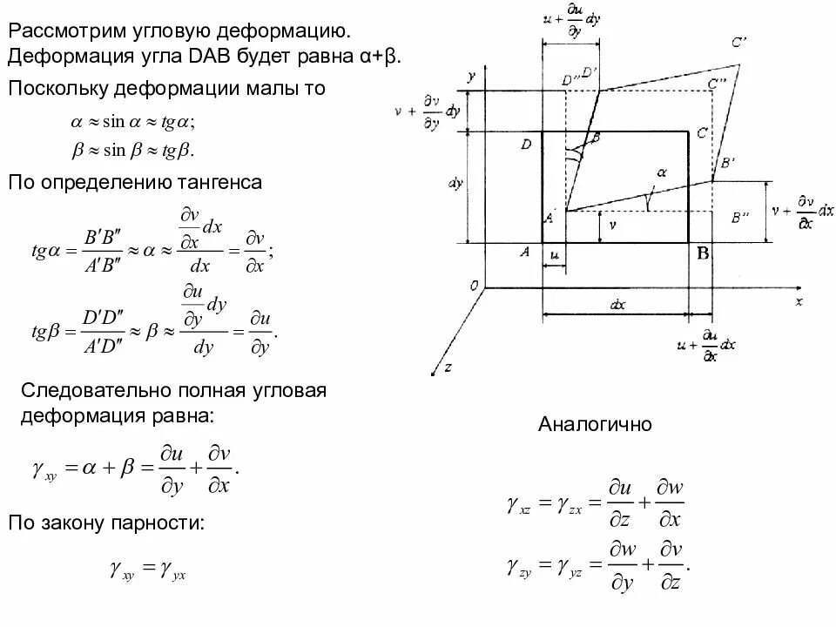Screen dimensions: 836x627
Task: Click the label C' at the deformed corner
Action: point(739,42)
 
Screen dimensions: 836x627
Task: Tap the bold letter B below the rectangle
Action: point(703,253)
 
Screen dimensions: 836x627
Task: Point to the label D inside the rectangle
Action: point(526,145)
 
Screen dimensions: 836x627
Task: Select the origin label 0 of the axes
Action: point(474,286)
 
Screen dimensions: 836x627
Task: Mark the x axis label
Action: point(798,301)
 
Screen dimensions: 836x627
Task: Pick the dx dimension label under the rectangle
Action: point(617,305)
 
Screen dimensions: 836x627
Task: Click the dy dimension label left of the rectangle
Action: point(455,185)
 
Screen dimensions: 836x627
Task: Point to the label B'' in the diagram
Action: point(742,218)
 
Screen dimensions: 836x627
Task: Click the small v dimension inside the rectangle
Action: point(612,224)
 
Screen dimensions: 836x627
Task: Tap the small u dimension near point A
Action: point(554,254)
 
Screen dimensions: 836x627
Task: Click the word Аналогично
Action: point(595,425)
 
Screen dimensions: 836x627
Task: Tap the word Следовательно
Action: point(92,390)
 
